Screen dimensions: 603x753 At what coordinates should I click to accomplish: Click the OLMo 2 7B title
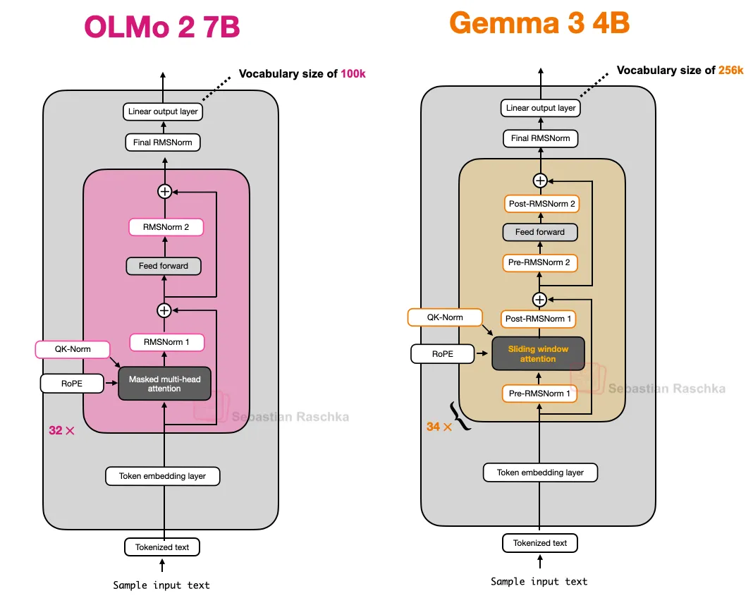162,28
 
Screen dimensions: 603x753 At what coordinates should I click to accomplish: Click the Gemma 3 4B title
539,23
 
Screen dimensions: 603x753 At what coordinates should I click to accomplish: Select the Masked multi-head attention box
164,384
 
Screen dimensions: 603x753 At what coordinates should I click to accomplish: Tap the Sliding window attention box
538,354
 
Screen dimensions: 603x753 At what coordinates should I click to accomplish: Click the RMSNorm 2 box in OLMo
166,227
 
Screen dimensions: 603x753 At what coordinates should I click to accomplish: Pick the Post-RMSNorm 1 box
539,319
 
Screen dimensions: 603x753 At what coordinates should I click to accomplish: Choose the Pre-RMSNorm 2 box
539,263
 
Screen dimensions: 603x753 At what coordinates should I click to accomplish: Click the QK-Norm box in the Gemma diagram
445,317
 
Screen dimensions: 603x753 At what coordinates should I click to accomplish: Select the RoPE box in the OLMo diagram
73,384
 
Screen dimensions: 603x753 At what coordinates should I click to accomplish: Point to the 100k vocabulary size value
353,74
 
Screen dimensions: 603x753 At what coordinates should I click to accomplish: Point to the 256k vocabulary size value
730,71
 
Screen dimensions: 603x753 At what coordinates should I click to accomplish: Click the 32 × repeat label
61,430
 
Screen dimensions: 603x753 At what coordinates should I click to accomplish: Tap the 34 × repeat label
439,427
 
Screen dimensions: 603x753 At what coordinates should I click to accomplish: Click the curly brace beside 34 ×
460,416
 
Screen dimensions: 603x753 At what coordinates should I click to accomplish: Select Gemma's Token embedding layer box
540,473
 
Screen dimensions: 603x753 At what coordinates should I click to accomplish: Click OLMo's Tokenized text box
162,547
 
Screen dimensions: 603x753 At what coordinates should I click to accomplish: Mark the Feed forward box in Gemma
539,232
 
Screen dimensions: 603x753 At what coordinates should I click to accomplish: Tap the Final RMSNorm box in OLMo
162,142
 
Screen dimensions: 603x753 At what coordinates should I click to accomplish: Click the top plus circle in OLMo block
164,191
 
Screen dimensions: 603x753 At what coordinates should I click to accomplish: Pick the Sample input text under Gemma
539,581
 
